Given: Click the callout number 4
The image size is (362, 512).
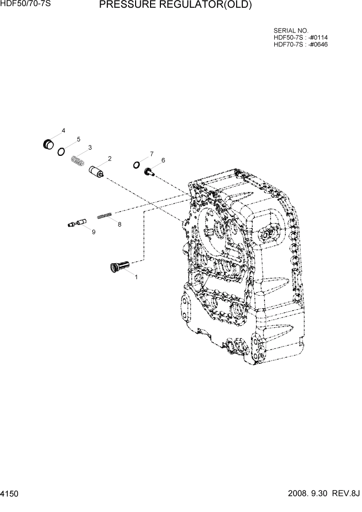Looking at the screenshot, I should click(x=63, y=131).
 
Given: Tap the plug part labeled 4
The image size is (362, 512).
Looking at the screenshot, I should click(x=49, y=143).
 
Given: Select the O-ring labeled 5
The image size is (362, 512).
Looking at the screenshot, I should click(x=61, y=151).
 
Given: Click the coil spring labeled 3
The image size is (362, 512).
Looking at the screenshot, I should click(x=77, y=161).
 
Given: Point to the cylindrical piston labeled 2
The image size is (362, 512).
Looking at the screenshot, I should click(x=97, y=171).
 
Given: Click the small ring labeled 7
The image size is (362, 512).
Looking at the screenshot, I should click(x=136, y=164).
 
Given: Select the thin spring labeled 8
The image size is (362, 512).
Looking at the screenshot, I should click(x=106, y=215).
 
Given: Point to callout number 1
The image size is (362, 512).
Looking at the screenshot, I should click(x=136, y=277).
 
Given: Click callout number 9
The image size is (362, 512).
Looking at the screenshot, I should click(x=93, y=232).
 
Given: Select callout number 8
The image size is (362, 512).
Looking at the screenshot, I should click(x=119, y=225).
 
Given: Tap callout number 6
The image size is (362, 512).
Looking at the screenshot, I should click(x=163, y=161).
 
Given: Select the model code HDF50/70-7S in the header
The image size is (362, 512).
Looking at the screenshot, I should click(x=25, y=5).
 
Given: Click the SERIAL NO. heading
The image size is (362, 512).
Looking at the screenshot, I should click(x=290, y=31).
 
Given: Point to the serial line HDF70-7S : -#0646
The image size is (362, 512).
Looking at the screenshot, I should click(x=300, y=44).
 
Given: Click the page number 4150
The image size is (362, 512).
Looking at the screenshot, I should click(x=10, y=494).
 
